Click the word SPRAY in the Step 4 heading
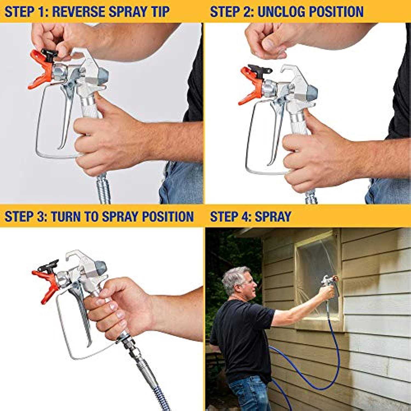click(273, 216)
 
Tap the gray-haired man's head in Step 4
click(237, 281)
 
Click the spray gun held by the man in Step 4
click(327, 281)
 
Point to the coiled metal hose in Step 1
click(104, 189)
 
